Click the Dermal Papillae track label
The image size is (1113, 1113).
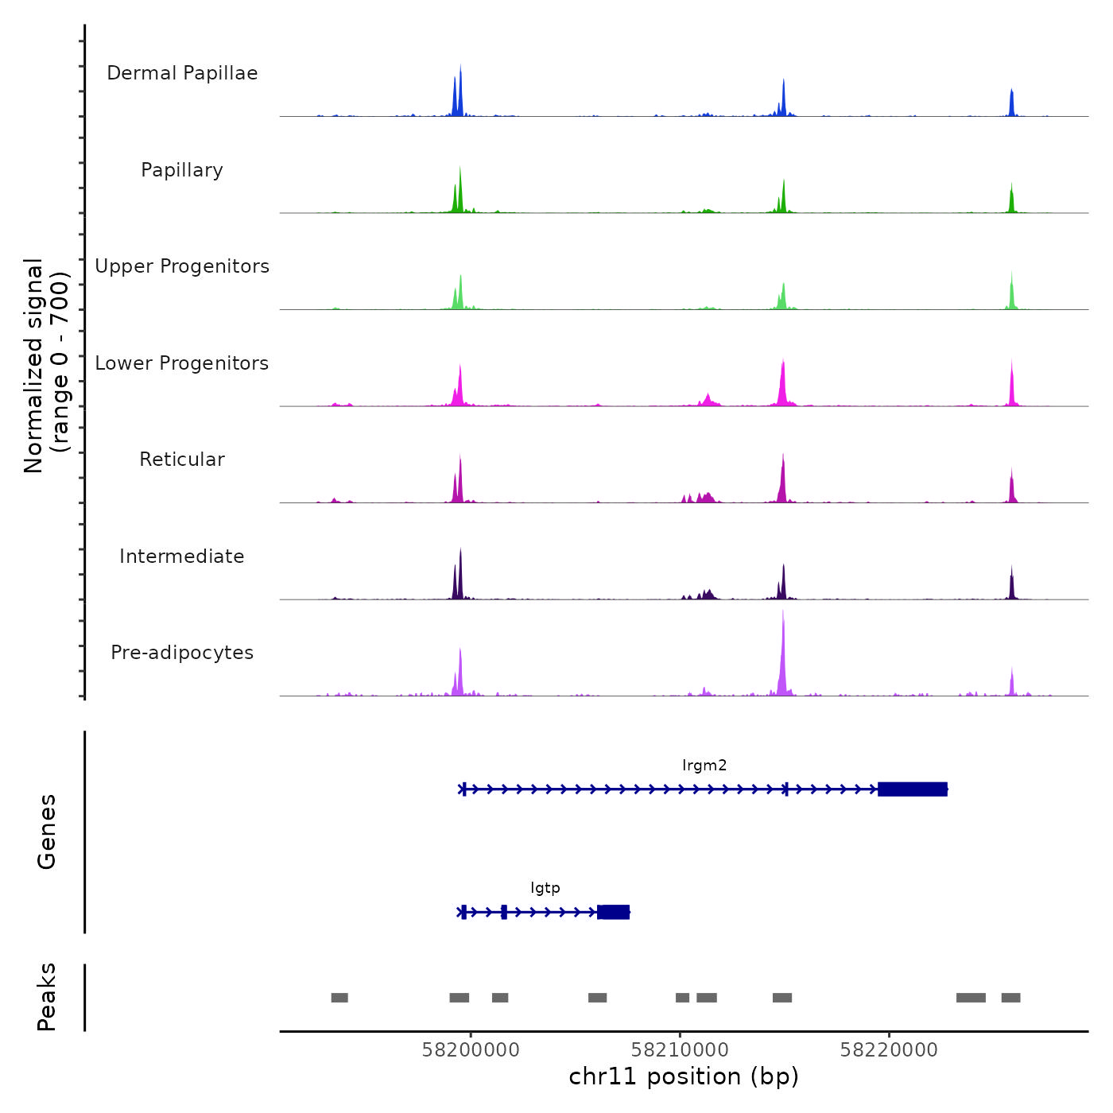(x=182, y=73)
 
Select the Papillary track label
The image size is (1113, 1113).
(x=182, y=170)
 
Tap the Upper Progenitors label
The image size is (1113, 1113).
(x=182, y=266)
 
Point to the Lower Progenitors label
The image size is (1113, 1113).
(x=182, y=363)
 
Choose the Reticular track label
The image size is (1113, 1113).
(x=182, y=460)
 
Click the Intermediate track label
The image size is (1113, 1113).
(x=182, y=556)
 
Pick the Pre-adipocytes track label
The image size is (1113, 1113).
(x=182, y=653)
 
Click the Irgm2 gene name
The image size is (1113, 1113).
(x=704, y=766)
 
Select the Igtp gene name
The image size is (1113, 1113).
(x=545, y=888)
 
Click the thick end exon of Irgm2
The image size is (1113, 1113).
(x=913, y=789)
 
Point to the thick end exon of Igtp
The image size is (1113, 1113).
(x=614, y=912)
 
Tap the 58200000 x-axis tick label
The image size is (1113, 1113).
(x=471, y=1049)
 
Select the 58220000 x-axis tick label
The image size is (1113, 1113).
(x=889, y=1049)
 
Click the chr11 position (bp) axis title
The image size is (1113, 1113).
(x=684, y=1076)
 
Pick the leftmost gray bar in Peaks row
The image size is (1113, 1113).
(x=339, y=998)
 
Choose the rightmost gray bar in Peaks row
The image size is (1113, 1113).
(x=1010, y=998)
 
